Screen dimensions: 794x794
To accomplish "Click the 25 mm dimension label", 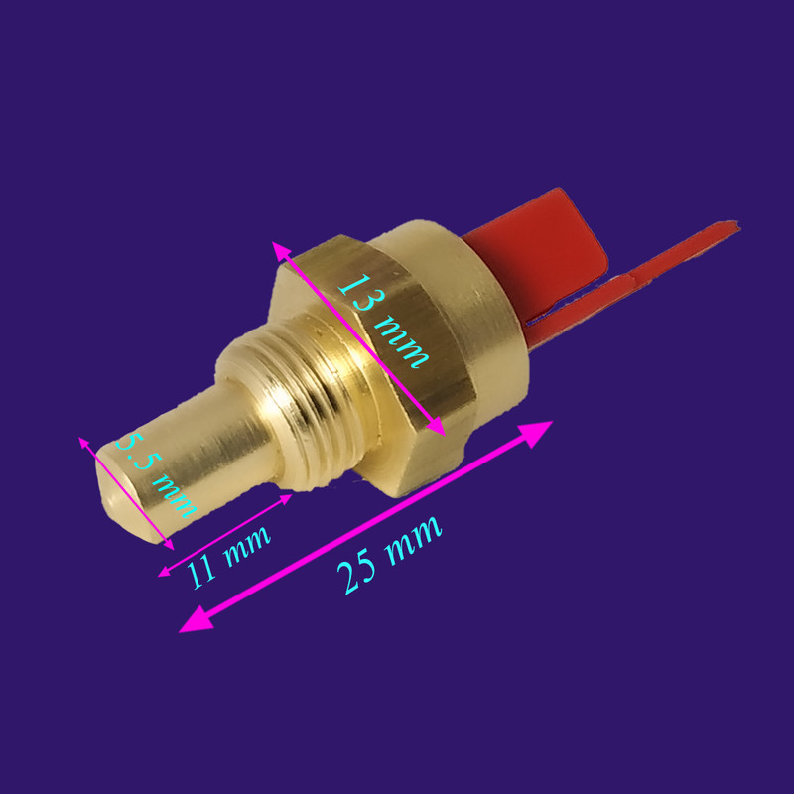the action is coord(389,555).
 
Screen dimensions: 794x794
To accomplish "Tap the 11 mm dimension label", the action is coord(228,558).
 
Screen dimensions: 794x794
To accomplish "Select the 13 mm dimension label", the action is coord(383,321).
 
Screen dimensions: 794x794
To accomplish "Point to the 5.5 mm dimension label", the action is coord(156,475).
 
